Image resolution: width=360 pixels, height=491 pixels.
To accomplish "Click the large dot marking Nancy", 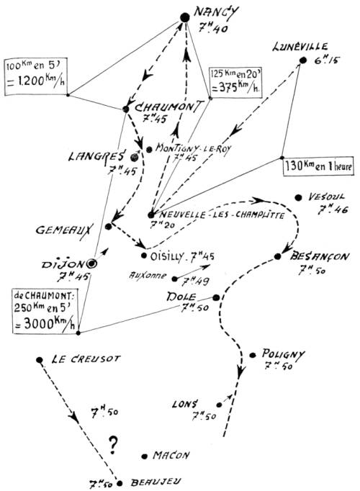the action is (185, 17).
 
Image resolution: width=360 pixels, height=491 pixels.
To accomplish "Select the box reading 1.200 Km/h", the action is (36, 77).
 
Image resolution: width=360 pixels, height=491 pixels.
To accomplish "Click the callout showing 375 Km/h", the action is (236, 81).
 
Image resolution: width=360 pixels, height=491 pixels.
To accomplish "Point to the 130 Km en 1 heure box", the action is (318, 166).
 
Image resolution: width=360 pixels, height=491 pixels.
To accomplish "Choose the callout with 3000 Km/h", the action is (45, 310).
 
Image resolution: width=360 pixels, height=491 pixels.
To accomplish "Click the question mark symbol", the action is (113, 445).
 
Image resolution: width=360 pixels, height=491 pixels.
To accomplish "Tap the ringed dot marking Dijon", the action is (92, 264).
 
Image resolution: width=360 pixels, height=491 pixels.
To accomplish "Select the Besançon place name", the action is (319, 256).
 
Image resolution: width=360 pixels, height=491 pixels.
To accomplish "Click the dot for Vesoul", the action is (298, 197).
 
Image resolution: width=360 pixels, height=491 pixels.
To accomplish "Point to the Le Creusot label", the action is (86, 359).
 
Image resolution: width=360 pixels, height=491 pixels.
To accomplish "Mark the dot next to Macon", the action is (144, 456).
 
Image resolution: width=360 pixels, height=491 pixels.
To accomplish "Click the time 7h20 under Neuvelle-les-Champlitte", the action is (162, 225).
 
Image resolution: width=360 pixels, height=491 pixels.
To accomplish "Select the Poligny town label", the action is (283, 353).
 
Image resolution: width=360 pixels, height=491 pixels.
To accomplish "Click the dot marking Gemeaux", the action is (108, 226).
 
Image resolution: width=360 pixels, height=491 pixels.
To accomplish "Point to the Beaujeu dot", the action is (120, 484).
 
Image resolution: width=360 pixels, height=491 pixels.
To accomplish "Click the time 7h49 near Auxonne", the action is (195, 281).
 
